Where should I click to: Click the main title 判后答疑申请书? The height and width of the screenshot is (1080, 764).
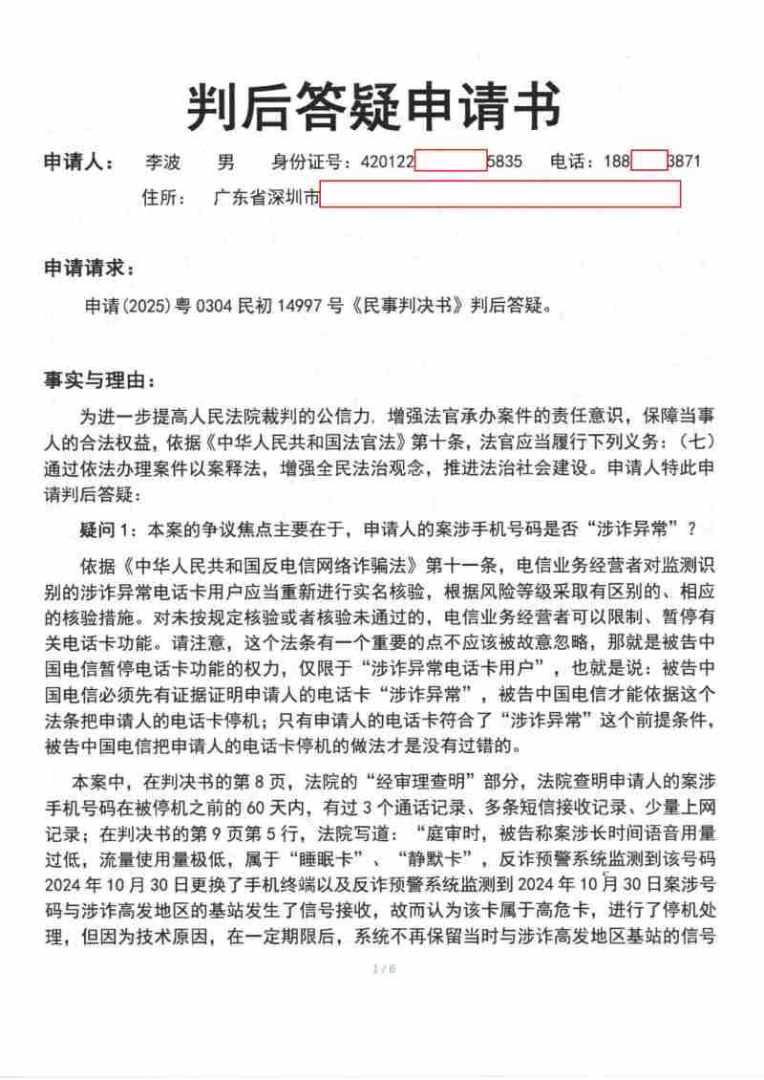pyautogui.click(x=373, y=104)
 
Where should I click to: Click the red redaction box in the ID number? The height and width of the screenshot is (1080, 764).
pyautogui.click(x=451, y=161)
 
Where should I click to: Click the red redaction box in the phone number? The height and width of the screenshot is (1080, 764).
pyautogui.click(x=648, y=161)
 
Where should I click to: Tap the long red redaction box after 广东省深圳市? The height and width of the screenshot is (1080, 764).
pyautogui.click(x=500, y=195)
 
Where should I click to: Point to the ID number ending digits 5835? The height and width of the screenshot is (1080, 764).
pyautogui.click(x=505, y=162)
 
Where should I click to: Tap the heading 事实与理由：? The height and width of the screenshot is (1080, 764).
pyautogui.click(x=97, y=379)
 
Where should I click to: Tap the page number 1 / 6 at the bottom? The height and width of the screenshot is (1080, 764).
pyautogui.click(x=382, y=969)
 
